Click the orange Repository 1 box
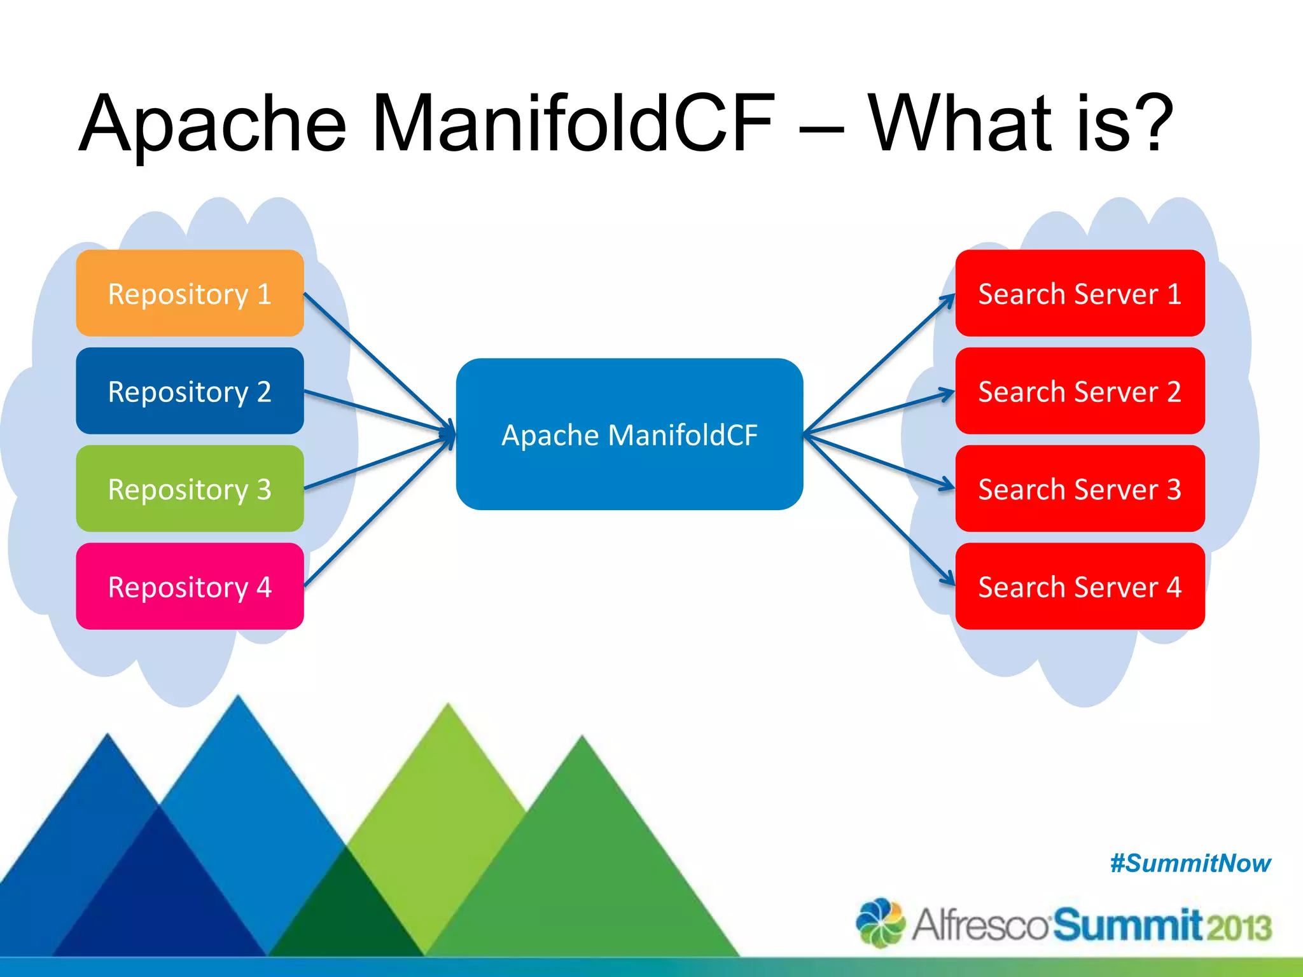coord(190,293)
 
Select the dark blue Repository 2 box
coord(190,391)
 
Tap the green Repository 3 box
coord(190,488)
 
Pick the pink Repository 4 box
coord(190,586)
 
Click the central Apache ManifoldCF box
coord(629,434)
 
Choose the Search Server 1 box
coord(1080,293)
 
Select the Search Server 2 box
coord(1080,391)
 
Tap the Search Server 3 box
coord(1080,488)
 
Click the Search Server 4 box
coord(1080,586)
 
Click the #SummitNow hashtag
coord(1190,863)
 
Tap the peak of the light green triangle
coord(449,706)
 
